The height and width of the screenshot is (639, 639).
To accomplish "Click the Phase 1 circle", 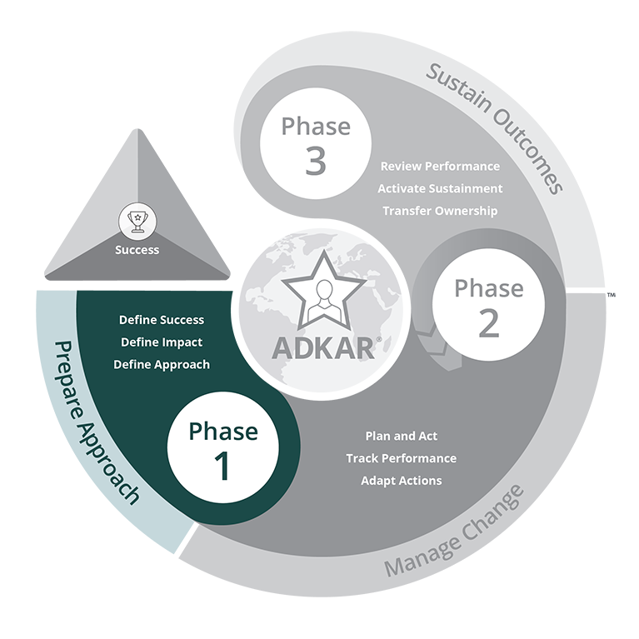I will (223, 449).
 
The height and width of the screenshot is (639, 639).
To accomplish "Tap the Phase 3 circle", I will (315, 145).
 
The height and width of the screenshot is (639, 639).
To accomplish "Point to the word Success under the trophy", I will (137, 249).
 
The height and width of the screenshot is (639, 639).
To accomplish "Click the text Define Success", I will (162, 320).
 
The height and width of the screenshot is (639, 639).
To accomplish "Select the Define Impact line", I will (162, 342).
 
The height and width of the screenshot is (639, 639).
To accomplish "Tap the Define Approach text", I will (162, 365).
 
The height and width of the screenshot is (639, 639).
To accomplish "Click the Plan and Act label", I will (401, 437).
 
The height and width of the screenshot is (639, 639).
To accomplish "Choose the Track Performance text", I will (401, 458).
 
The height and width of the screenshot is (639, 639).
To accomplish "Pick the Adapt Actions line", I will (401, 481).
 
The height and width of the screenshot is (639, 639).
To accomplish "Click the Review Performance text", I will (440, 167).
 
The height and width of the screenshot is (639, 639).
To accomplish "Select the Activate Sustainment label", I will (440, 188).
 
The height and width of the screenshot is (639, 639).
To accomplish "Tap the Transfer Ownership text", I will (440, 211).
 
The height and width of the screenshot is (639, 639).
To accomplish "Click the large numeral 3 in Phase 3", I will (315, 162).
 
